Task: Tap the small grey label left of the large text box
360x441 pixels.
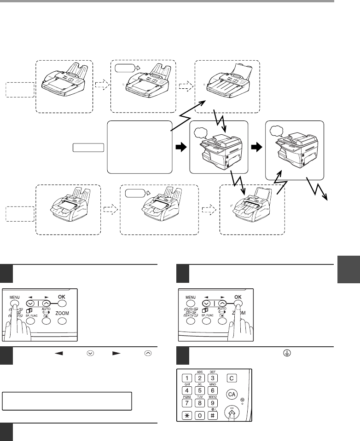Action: (x=88, y=148)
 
